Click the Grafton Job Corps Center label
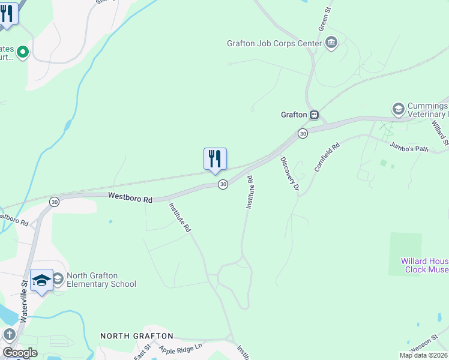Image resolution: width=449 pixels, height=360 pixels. click(274, 43)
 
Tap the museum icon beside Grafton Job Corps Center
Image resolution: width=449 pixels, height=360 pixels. click(331, 43)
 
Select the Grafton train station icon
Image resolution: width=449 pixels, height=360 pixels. click(314, 115)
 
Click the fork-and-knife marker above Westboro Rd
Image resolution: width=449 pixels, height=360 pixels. click(215, 159)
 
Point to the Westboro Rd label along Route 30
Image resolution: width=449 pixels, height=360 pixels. click(130, 197)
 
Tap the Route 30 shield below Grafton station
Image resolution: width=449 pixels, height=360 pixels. click(303, 133)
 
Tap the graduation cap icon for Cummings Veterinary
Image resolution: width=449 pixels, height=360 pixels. click(397, 109)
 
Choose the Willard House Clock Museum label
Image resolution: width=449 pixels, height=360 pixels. click(424, 266)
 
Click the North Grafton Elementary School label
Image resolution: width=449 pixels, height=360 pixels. click(101, 280)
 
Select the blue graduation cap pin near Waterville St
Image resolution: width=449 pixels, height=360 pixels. click(42, 280)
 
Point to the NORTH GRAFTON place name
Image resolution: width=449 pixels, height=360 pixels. click(136, 336)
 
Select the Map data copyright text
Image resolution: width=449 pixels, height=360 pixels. click(424, 355)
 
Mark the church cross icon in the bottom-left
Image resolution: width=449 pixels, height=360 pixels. click(9, 335)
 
